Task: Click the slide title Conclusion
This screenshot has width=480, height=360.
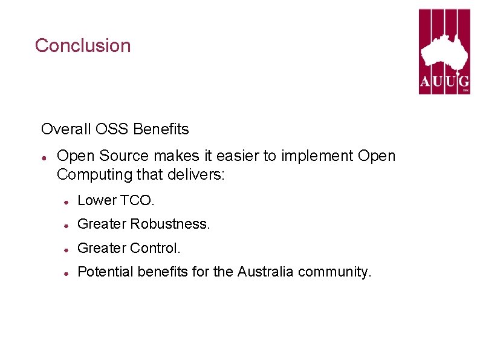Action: (x=83, y=45)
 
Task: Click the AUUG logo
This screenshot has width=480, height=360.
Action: (x=444, y=51)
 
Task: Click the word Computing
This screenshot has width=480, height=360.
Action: (x=92, y=175)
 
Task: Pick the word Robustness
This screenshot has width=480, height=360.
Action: (x=170, y=224)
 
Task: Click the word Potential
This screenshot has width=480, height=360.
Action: (x=106, y=272)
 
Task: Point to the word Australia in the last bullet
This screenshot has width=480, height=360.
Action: (x=265, y=272)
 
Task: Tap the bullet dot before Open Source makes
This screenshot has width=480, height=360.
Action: (x=45, y=157)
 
